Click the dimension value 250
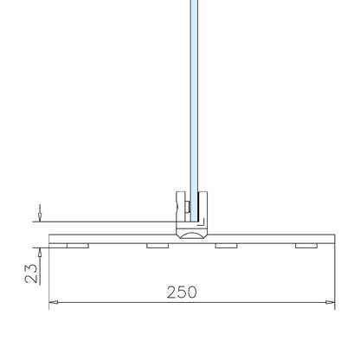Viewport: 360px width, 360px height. pos(182,292)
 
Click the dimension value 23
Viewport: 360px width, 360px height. pos(31,273)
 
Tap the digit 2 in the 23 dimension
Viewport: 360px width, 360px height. pos(31,279)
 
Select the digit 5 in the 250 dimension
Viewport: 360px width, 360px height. pos(182,292)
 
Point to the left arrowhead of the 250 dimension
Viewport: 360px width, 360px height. pos(54,302)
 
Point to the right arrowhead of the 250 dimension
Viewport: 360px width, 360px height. pos(331,302)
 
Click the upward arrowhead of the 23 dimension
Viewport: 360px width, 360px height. pos(40,253)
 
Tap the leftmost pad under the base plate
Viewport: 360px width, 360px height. pos(78,246)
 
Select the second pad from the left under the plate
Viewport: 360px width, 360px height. pos(157,246)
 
